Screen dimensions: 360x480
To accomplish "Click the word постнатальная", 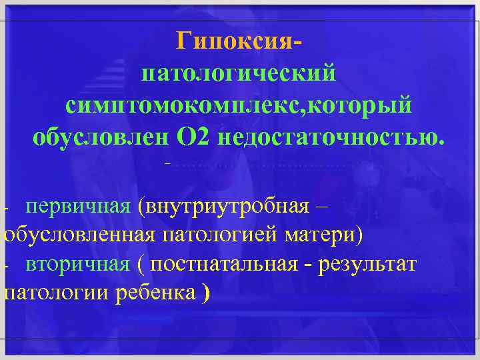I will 224,264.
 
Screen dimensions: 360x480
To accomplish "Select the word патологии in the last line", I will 57,293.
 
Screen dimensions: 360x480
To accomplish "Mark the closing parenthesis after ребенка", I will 205,294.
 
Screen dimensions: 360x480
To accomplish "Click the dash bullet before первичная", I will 5,208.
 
